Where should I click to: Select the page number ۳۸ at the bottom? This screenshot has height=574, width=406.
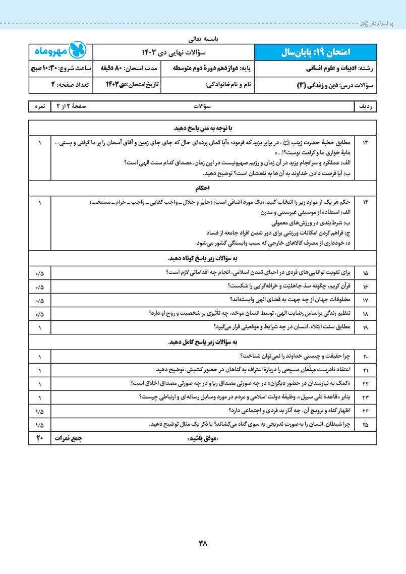[203, 543]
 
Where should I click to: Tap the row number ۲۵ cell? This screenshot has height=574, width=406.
[366, 424]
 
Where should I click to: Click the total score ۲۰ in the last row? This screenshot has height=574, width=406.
[40, 438]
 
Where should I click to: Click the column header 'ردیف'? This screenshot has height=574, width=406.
[366, 107]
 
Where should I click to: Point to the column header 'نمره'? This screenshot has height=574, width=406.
[40, 107]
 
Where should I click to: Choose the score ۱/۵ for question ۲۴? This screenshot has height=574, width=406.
[40, 411]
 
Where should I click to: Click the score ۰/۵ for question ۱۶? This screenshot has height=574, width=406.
[40, 286]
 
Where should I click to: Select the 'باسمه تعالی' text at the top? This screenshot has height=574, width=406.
[203, 38]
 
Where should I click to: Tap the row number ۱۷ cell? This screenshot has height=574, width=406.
[366, 300]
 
